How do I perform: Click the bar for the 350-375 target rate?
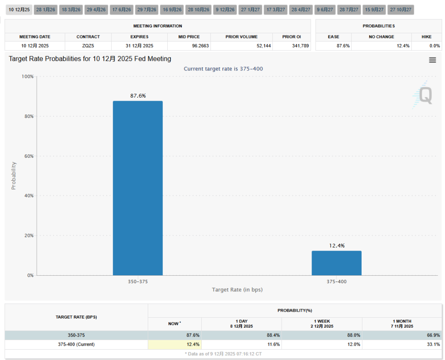[x=138, y=188]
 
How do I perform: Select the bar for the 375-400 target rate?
[x=337, y=263]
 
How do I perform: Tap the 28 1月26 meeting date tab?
[x=46, y=10]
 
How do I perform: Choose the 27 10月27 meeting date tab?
[x=400, y=10]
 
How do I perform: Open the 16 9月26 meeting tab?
[x=172, y=10]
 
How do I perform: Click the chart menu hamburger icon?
[x=432, y=61]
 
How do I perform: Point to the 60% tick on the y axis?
[x=28, y=156]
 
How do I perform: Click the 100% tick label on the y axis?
[x=27, y=76]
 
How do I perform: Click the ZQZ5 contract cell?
[x=88, y=45]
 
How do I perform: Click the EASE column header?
[x=334, y=37]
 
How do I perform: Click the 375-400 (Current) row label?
[x=76, y=344]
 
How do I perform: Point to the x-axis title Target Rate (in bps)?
[x=237, y=290]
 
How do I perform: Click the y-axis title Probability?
[x=13, y=175]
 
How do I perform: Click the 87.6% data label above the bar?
[x=138, y=96]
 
